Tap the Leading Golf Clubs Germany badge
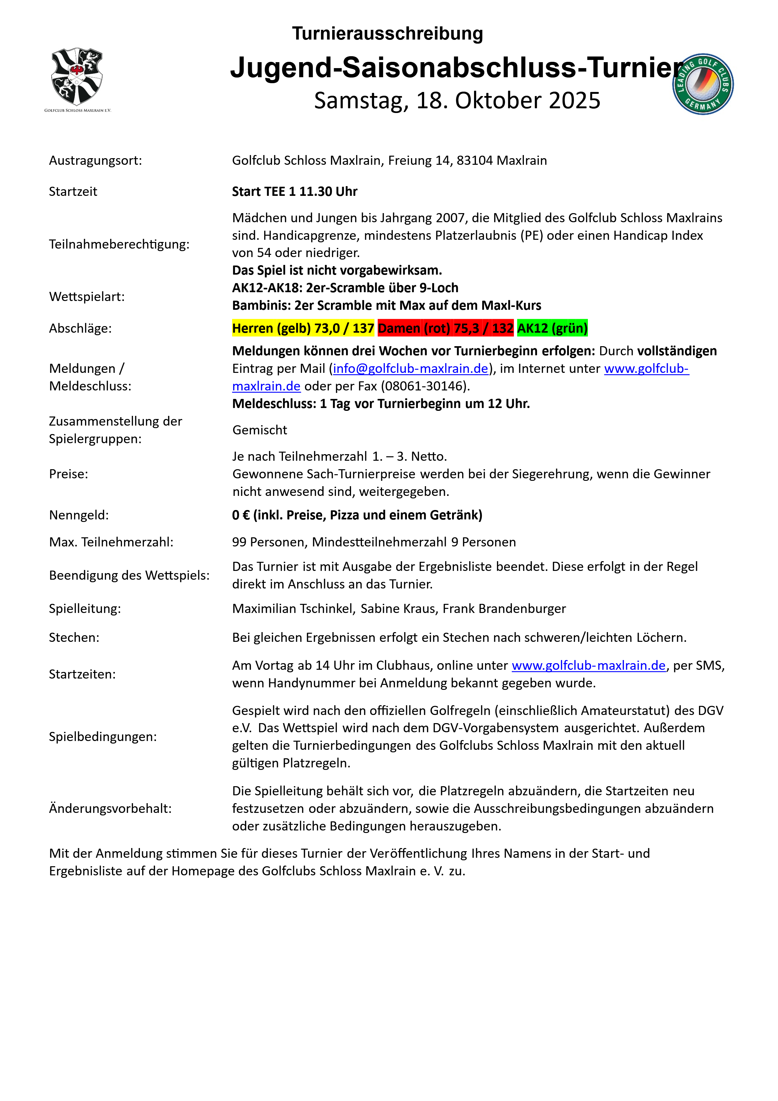[x=703, y=84]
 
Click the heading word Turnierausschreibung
[x=387, y=34]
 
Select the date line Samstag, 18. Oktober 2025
[x=457, y=101]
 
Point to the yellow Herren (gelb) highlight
[x=303, y=329]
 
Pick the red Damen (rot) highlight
[x=445, y=329]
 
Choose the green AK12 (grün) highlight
[x=552, y=329]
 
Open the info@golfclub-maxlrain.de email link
[x=410, y=369]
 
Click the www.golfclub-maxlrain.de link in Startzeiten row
[x=589, y=666]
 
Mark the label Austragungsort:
[x=95, y=161]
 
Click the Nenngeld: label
[x=79, y=515]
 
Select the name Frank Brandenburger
[x=504, y=609]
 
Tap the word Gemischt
[x=260, y=430]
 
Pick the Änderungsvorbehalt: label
[x=110, y=808]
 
